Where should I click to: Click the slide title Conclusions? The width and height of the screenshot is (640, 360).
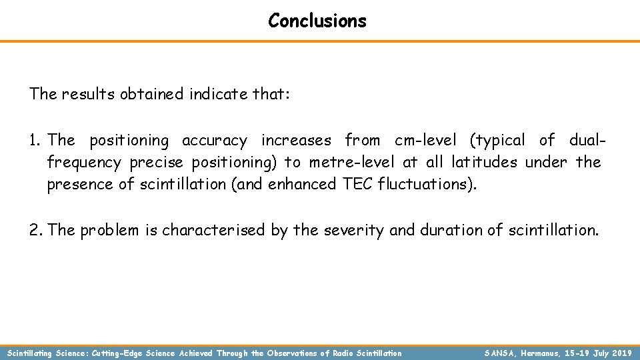pos(317,21)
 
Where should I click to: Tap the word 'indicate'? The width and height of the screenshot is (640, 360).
pos(217,94)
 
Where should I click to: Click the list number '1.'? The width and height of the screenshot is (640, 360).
pos(36,140)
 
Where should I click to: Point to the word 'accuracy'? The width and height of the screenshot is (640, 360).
pos(214,141)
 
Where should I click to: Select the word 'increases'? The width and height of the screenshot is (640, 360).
pos(296,140)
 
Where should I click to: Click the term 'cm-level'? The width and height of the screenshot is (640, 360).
pos(425,140)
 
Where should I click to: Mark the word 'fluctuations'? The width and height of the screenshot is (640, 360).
pos(427,184)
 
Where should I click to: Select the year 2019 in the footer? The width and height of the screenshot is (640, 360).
pos(621,353)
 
